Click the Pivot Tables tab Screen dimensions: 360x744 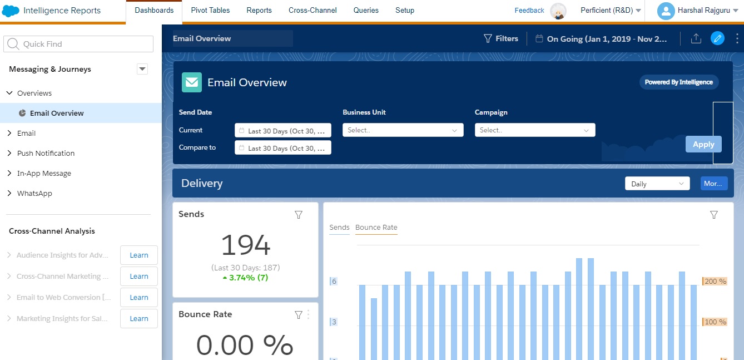[x=210, y=11]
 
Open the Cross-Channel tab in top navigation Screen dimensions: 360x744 [x=313, y=11]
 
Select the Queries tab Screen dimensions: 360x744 [x=366, y=11]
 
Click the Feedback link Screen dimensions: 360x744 [x=529, y=11]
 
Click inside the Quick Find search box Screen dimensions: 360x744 [x=78, y=44]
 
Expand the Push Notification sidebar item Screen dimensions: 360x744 [x=46, y=153]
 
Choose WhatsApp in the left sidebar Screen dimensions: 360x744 [x=34, y=193]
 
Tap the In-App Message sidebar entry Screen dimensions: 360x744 [x=44, y=173]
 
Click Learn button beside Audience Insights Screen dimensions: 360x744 [x=139, y=255]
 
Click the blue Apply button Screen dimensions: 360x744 [x=703, y=144]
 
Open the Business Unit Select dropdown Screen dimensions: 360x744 [x=403, y=130]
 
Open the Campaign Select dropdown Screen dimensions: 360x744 [x=534, y=130]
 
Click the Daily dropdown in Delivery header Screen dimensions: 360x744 [x=657, y=184]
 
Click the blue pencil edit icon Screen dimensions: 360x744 [x=717, y=38]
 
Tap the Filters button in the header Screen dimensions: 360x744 [x=500, y=38]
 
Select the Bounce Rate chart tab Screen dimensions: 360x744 [x=376, y=227]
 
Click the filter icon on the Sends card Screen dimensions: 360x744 [x=299, y=215]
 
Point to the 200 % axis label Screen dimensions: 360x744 [x=715, y=282]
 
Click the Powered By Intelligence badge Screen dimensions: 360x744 [x=678, y=82]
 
